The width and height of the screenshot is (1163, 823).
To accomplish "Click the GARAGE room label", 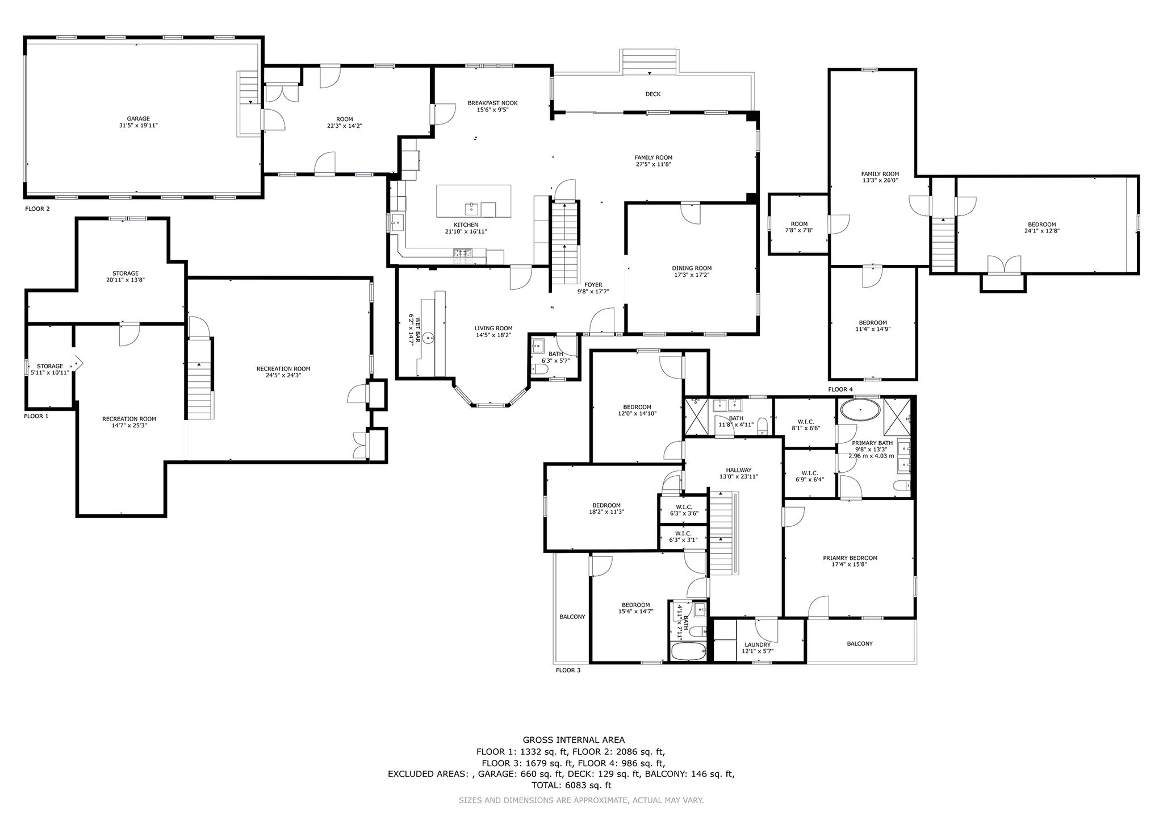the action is pyautogui.click(x=139, y=119).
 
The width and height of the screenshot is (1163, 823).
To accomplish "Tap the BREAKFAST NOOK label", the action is pyautogui.click(x=492, y=103).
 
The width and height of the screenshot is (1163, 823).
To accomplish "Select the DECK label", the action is pyautogui.click(x=653, y=94).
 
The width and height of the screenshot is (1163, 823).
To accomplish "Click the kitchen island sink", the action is pyautogui.click(x=471, y=207).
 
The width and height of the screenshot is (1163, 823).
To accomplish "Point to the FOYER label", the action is pyautogui.click(x=593, y=285).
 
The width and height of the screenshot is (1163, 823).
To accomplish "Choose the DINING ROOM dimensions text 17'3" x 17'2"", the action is pyautogui.click(x=692, y=275).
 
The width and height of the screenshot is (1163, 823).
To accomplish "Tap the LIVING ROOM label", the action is pyautogui.click(x=493, y=328).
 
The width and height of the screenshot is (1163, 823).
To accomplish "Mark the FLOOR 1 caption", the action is pyautogui.click(x=36, y=416).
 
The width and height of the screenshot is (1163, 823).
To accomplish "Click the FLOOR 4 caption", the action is pyautogui.click(x=840, y=389).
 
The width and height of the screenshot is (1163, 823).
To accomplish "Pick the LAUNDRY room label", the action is pyautogui.click(x=758, y=645).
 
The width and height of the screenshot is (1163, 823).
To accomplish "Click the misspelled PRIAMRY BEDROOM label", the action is pyautogui.click(x=850, y=558).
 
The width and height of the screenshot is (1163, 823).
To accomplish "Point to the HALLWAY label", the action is pyautogui.click(x=739, y=470).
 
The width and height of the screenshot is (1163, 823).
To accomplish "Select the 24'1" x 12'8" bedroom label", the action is pyautogui.click(x=1041, y=227).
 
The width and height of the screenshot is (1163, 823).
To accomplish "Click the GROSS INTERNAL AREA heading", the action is pyautogui.click(x=574, y=739).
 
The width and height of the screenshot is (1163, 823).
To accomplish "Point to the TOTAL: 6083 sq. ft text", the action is pyautogui.click(x=571, y=785).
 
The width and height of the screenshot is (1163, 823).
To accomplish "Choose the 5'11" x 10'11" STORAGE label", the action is pyautogui.click(x=50, y=369).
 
